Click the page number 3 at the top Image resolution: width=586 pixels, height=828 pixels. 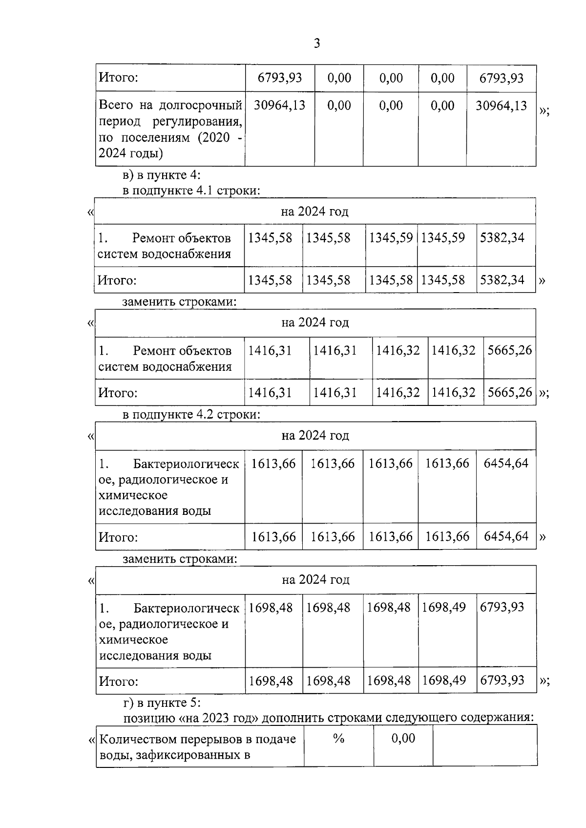point(316,44)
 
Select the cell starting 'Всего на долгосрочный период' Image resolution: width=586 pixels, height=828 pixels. point(170,129)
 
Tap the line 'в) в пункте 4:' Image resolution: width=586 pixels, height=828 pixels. point(161,175)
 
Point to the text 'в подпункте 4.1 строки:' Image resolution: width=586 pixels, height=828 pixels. point(191,190)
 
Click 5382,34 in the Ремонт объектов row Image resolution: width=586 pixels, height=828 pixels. point(502,238)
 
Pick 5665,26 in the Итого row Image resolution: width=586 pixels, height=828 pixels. point(509,392)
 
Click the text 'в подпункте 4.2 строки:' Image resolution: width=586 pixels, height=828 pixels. point(191,415)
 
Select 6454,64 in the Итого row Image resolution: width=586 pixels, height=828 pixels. point(506,536)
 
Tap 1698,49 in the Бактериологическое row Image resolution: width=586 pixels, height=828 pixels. point(443,607)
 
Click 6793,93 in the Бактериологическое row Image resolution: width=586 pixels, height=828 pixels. point(502,607)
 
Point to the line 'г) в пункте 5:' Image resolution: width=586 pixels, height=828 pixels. point(162,702)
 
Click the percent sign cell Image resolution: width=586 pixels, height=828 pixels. point(338,739)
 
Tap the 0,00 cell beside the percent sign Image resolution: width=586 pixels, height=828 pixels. point(403,739)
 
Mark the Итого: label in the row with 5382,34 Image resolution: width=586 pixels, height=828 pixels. point(117,280)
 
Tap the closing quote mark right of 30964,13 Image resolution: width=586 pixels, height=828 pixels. point(544,111)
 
